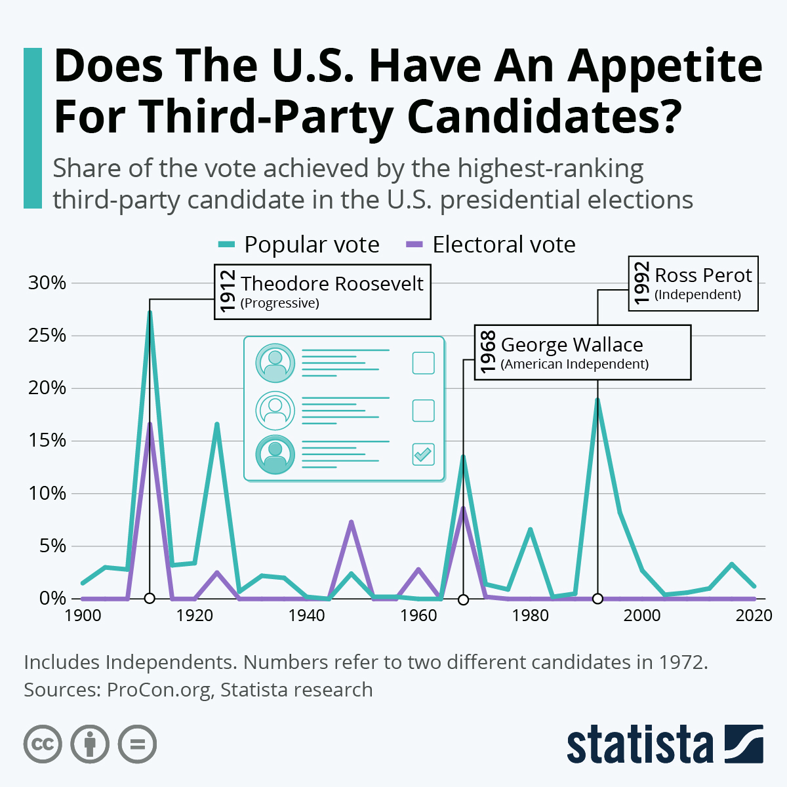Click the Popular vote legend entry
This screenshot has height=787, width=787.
click(299, 245)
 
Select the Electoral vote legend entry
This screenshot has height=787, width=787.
click(491, 245)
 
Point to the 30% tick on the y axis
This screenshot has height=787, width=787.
click(47, 283)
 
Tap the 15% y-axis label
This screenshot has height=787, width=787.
click(47, 441)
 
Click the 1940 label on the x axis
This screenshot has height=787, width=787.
click(306, 615)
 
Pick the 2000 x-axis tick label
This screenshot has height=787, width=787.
click(642, 615)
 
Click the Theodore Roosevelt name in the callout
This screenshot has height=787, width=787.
click(332, 283)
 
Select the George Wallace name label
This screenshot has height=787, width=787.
click(572, 345)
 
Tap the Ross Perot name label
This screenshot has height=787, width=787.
click(703, 275)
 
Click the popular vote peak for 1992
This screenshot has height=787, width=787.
click(597, 400)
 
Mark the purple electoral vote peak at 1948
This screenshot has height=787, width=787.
click(352, 522)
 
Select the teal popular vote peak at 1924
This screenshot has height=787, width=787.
click(216, 424)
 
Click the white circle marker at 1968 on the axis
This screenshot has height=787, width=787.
click(463, 599)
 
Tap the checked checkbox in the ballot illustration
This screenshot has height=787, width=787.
click(423, 454)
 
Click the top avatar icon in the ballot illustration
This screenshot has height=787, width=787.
click(275, 363)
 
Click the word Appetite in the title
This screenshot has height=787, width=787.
click(665, 67)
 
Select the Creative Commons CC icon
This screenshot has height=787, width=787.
click(43, 744)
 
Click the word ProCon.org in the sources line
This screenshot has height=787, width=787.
click(159, 690)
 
